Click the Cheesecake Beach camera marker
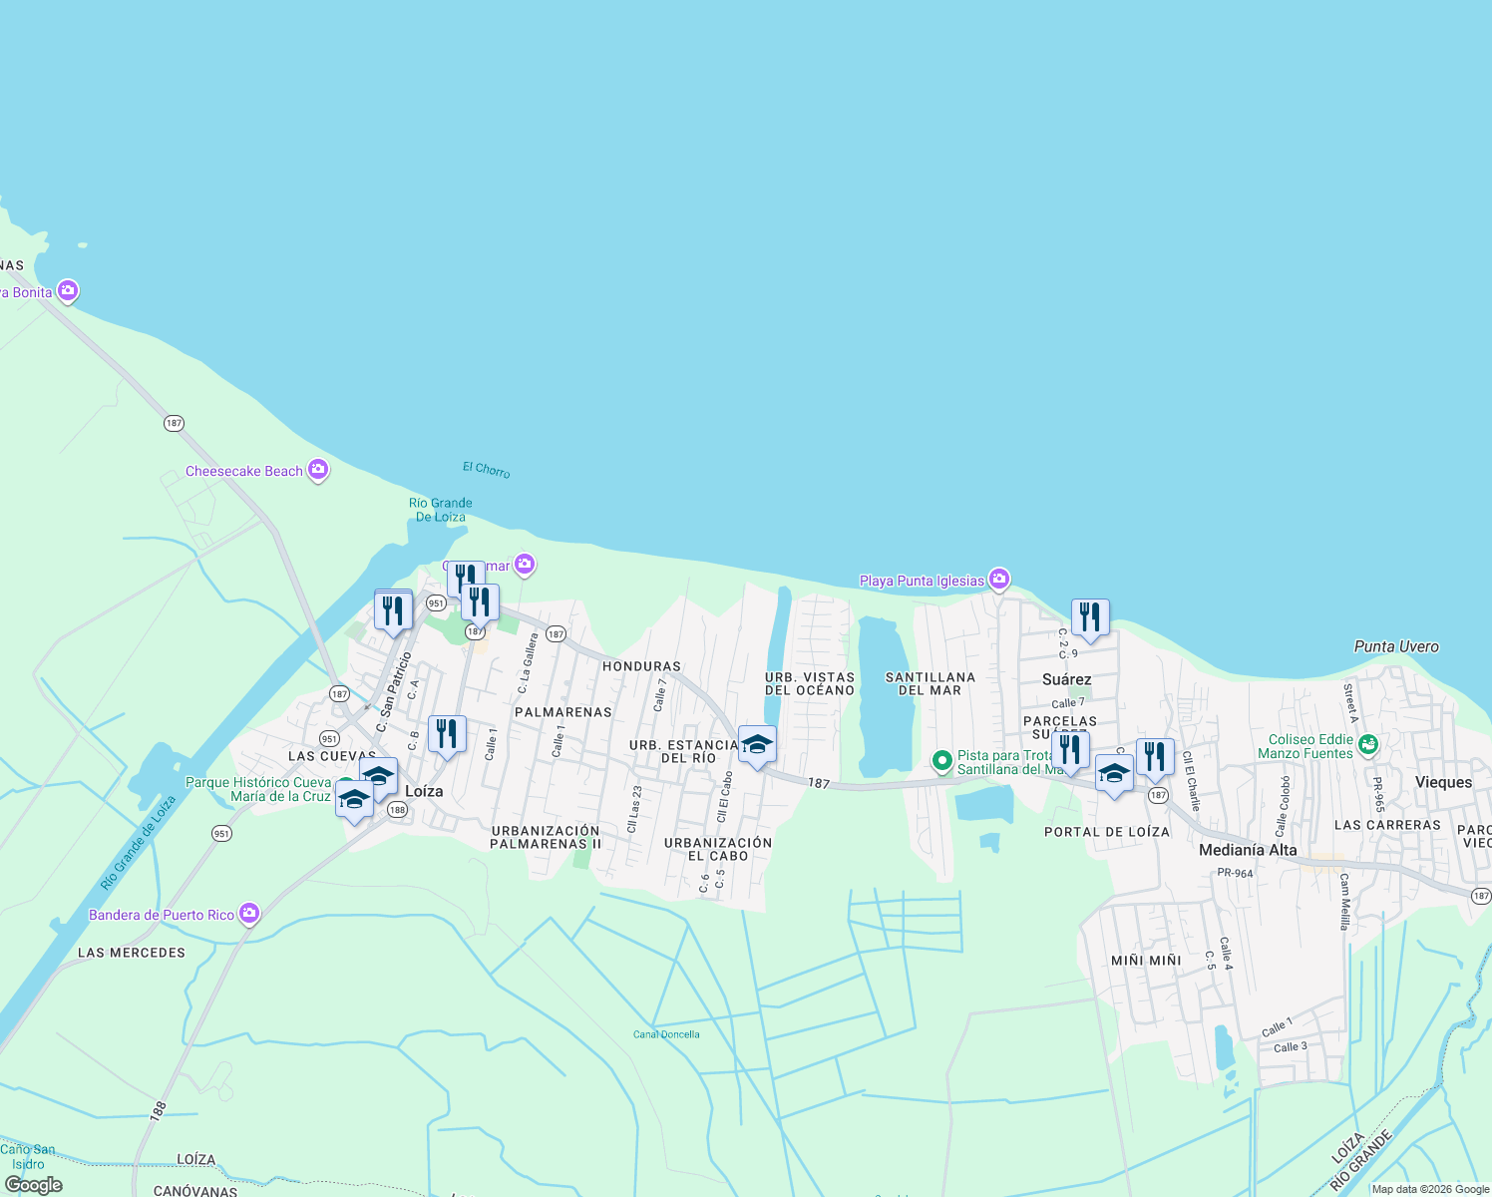click(x=318, y=470)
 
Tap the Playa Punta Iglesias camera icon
click(x=999, y=580)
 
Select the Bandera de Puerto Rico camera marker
click(x=249, y=914)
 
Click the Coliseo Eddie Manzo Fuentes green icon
click(x=1368, y=744)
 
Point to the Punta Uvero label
click(x=1396, y=646)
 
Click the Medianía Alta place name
click(x=1248, y=850)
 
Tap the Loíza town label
click(x=424, y=791)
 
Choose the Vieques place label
click(x=1443, y=782)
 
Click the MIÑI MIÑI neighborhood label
click(x=1146, y=961)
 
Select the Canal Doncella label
click(x=666, y=1034)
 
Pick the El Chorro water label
click(x=487, y=469)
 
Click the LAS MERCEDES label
click(x=132, y=953)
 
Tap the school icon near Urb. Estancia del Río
click(x=757, y=744)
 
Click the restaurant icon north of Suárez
click(x=1090, y=617)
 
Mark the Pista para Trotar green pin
click(x=941, y=762)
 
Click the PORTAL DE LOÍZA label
click(x=1107, y=832)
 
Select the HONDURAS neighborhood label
click(x=641, y=666)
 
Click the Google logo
click(x=34, y=1185)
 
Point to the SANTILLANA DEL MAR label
click(x=931, y=683)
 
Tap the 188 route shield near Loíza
click(x=397, y=810)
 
